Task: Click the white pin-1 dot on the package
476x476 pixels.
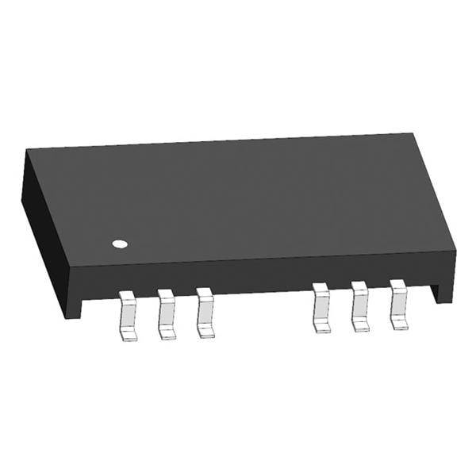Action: (x=120, y=244)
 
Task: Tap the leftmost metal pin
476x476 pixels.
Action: (x=128, y=315)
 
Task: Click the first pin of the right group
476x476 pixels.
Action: (x=321, y=307)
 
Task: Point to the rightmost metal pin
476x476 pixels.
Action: (x=397, y=305)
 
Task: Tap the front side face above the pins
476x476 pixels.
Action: (x=262, y=274)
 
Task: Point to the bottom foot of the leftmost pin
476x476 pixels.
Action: (x=129, y=334)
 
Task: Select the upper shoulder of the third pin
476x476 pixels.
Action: (x=205, y=294)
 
